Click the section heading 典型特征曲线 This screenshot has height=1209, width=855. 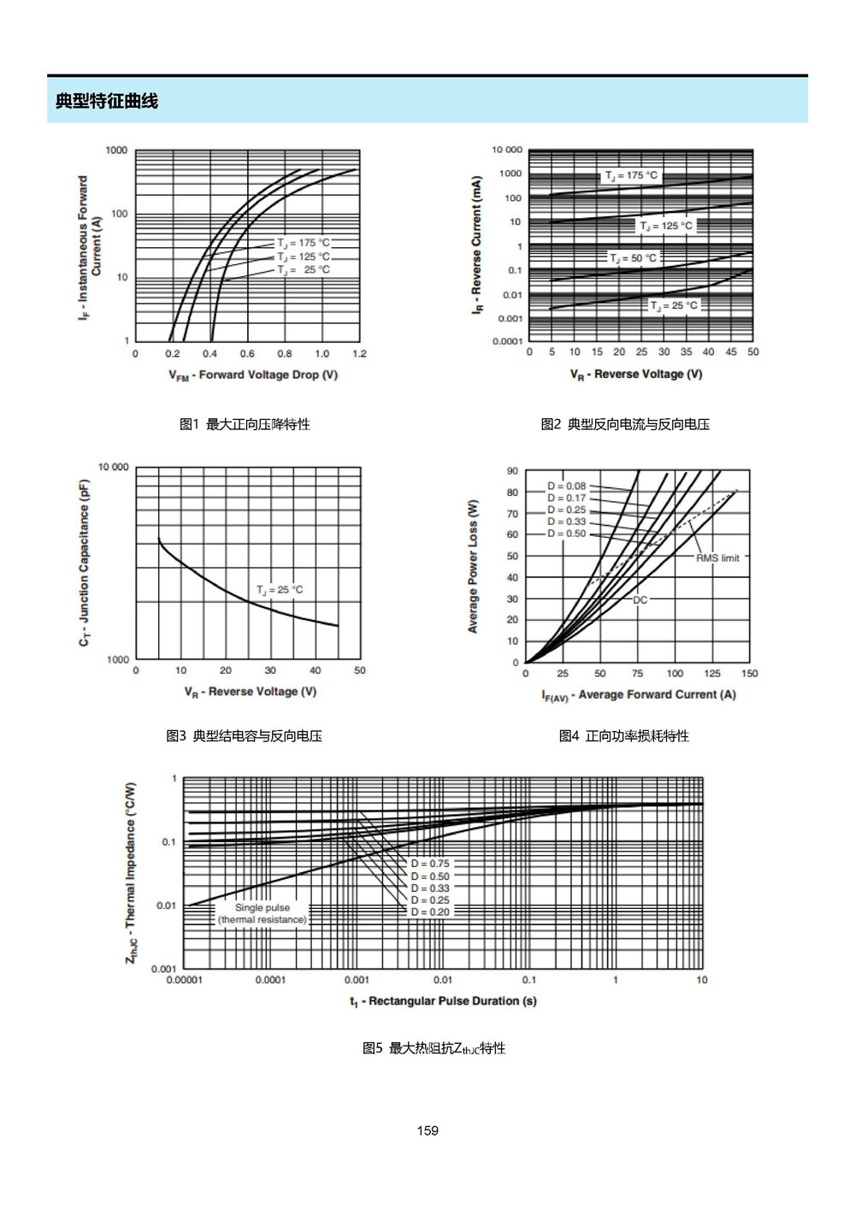click(x=107, y=101)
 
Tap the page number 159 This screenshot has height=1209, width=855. click(x=427, y=1130)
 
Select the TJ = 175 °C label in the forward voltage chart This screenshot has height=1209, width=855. click(x=304, y=243)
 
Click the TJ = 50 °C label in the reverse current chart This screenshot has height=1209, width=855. click(x=634, y=258)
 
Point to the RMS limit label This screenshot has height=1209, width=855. click(x=717, y=558)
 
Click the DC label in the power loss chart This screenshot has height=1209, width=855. click(x=640, y=599)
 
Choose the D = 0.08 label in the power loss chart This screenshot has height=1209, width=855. click(x=566, y=486)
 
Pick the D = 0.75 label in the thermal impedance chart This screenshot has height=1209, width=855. click(x=430, y=864)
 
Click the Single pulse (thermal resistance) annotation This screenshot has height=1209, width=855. click(x=262, y=913)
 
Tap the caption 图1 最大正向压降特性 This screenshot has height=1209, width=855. click(x=245, y=424)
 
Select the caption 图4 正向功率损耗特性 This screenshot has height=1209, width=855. click(x=624, y=735)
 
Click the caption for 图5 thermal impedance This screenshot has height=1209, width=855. click(x=434, y=1047)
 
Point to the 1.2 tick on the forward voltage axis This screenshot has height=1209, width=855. click(x=359, y=353)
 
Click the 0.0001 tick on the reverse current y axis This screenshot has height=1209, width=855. click(x=507, y=341)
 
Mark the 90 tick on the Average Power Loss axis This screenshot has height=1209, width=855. click(x=512, y=470)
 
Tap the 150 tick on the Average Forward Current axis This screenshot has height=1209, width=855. click(x=749, y=673)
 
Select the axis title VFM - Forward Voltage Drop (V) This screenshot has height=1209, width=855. click(x=253, y=375)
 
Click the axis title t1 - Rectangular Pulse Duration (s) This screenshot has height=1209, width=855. click(x=443, y=1001)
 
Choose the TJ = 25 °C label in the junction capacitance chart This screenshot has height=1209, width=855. click(x=280, y=590)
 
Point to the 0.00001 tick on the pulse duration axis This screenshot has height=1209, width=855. click(x=184, y=980)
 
